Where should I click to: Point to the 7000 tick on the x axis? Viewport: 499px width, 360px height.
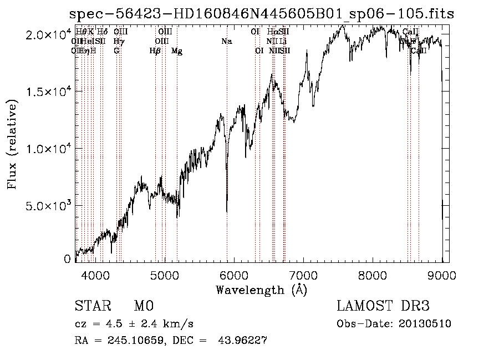303,274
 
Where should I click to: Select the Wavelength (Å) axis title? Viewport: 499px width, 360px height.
261,290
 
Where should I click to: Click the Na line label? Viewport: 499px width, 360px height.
226,41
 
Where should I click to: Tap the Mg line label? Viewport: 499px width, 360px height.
177,51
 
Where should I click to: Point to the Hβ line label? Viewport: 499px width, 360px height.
155,51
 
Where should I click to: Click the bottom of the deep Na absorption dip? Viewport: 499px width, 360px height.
227,211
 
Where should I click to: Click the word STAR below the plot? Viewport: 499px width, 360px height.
91,306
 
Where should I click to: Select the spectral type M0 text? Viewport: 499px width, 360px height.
143,306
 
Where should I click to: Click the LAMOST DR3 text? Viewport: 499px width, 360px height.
383,306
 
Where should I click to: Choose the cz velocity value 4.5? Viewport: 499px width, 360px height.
108,324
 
